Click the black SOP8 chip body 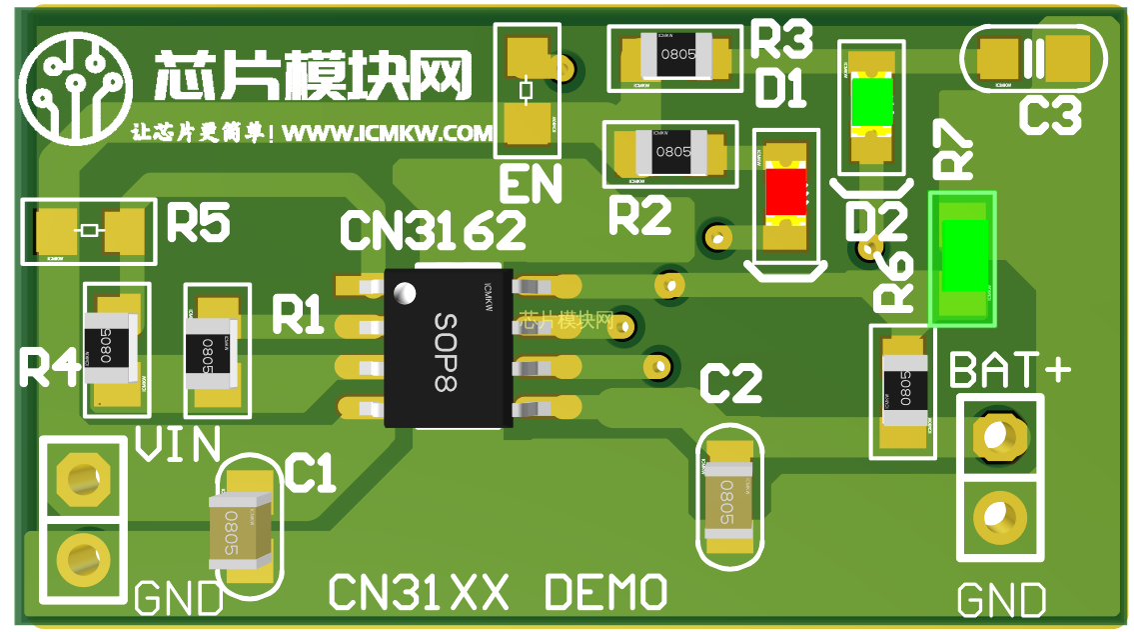click(449, 348)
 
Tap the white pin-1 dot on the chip click(405, 293)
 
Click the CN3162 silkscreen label click(432, 231)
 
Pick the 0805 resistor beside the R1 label click(211, 349)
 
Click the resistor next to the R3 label click(676, 56)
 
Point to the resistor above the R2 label click(671, 153)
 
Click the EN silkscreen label click(530, 185)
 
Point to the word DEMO click(605, 593)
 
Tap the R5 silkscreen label click(197, 223)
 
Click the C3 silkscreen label click(1050, 117)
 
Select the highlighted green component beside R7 click(963, 257)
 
